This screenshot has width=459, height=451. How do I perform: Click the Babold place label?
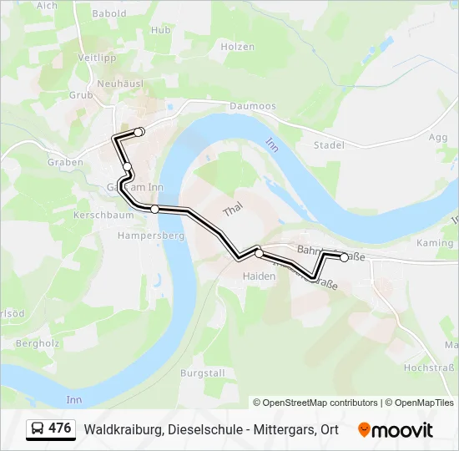(x=109, y=13)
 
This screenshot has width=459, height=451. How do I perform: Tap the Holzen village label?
(x=239, y=47)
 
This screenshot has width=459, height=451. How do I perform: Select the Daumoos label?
(x=252, y=106)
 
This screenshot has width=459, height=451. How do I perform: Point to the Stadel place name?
(x=330, y=144)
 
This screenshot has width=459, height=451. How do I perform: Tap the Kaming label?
(x=434, y=243)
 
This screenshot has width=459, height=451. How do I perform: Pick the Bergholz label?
(x=35, y=343)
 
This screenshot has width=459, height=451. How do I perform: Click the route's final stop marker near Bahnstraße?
(x=344, y=257)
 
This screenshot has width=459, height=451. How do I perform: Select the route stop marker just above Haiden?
(x=260, y=253)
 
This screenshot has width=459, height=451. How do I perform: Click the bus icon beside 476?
(x=38, y=429)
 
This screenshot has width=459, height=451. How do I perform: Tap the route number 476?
(x=60, y=428)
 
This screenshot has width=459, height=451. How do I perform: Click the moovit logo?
(x=396, y=430)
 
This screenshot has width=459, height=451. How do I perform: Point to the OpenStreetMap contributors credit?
(x=315, y=403)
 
